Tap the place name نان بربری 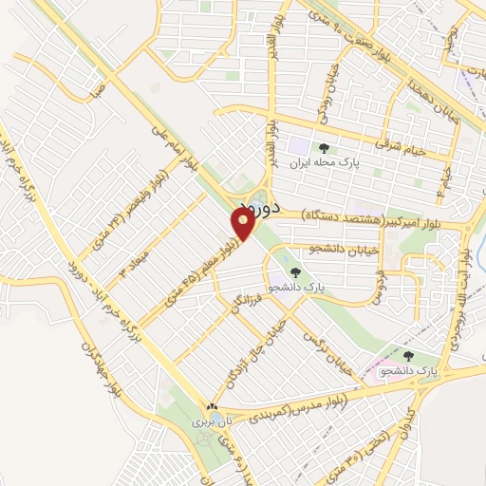(x=208, y=419)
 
